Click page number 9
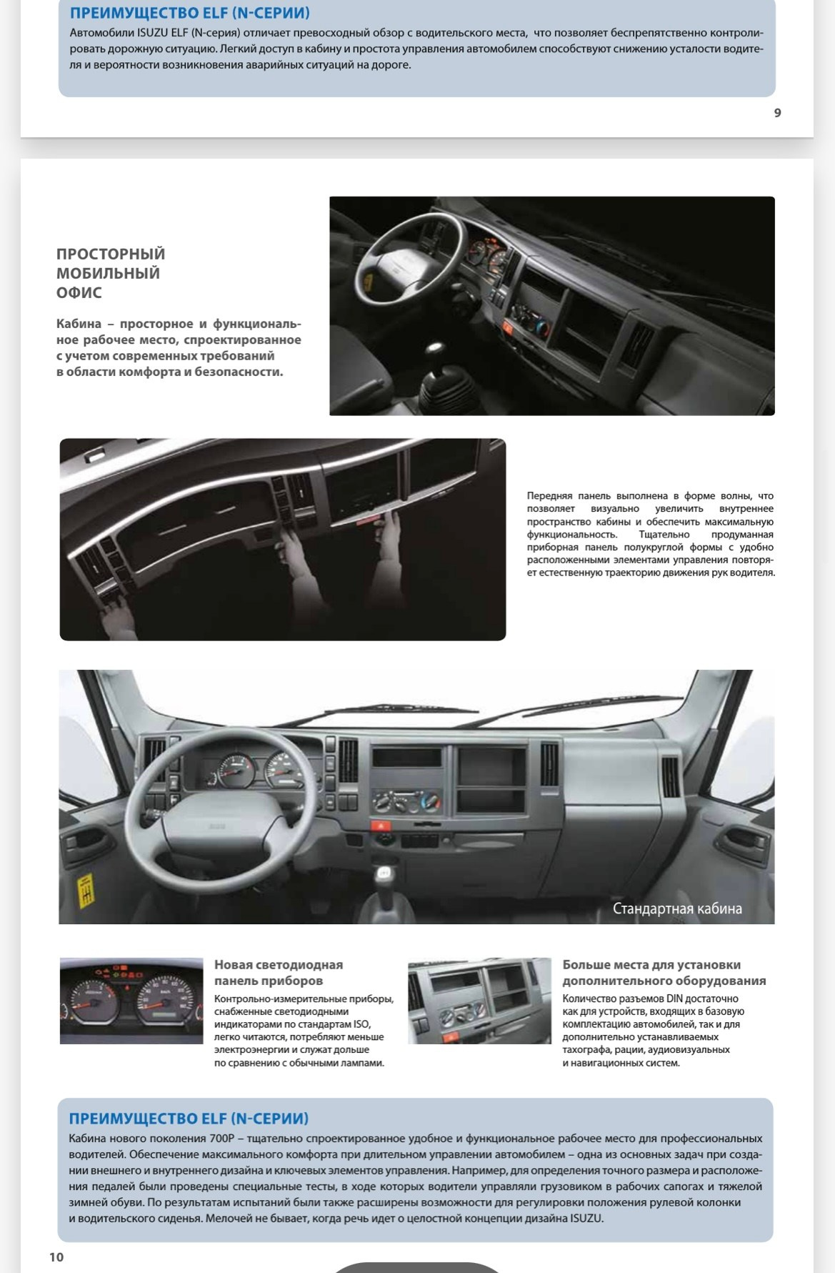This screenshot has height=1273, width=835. click(x=777, y=112)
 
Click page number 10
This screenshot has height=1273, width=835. click(x=56, y=1257)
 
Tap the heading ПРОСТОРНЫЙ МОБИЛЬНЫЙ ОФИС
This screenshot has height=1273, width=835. click(x=111, y=273)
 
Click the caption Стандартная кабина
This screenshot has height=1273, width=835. click(x=677, y=908)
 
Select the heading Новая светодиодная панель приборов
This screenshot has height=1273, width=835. click(x=279, y=972)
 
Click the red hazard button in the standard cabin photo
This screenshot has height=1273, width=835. click(x=376, y=825)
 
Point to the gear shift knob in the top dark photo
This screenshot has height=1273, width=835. click(x=436, y=352)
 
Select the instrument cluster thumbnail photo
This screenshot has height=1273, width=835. click(x=131, y=1001)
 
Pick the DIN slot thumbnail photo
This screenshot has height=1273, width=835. click(x=479, y=1001)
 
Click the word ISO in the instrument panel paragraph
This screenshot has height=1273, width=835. click(x=361, y=1024)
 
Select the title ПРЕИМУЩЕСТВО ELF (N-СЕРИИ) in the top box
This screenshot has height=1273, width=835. click(x=190, y=14)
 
